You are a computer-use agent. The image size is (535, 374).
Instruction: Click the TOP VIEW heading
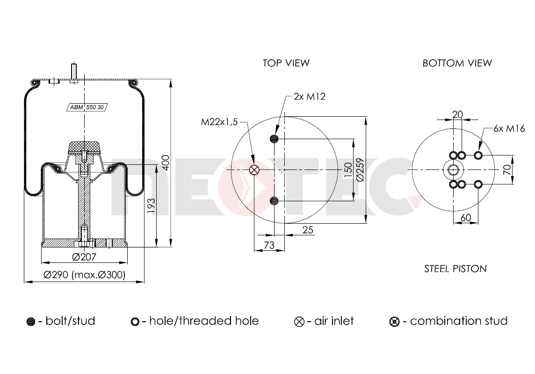pyautogui.click(x=286, y=63)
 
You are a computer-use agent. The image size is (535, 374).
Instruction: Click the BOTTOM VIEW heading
pyautogui.click(x=457, y=63)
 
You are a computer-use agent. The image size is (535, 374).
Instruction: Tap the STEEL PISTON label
pyautogui.click(x=455, y=269)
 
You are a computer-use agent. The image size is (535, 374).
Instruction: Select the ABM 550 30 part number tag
pyautogui.click(x=87, y=107)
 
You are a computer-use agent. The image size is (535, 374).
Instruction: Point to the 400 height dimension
pyautogui.click(x=166, y=163)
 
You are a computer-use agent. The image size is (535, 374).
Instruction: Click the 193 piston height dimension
pyautogui.click(x=151, y=206)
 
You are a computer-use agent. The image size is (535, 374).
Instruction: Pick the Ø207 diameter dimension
pyautogui.click(x=84, y=257)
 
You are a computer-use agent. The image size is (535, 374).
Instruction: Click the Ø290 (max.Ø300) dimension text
pyautogui.click(x=85, y=275)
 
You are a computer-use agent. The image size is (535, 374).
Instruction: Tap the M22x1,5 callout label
pyautogui.click(x=219, y=122)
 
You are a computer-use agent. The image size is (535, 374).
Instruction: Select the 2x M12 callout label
pyautogui.click(x=310, y=97)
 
